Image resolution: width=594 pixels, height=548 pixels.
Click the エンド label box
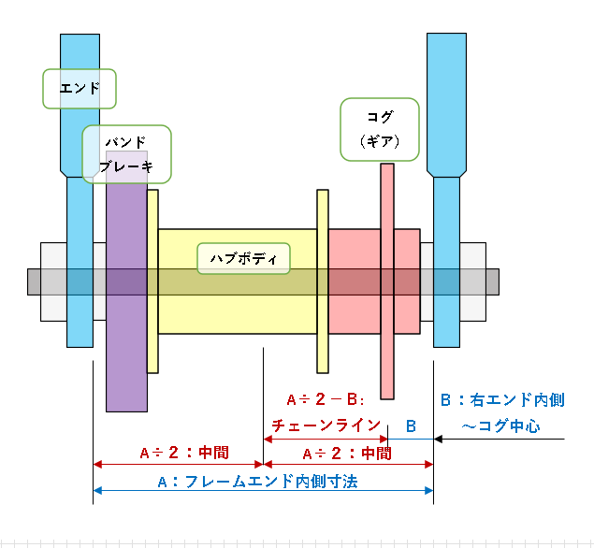[80, 89]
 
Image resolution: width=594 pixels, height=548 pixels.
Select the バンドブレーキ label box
[127, 154]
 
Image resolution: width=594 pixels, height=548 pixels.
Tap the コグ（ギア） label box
[380, 130]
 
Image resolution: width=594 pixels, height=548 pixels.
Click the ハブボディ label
[243, 259]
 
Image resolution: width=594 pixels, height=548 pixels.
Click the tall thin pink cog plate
[387, 281]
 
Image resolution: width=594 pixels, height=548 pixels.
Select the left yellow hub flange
[152, 281]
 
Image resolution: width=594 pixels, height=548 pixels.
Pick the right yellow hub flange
[323, 281]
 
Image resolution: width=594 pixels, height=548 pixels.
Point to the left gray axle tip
[34, 281]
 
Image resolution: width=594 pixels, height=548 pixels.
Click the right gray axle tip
[492, 281]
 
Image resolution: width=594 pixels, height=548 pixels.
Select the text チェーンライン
[326, 425]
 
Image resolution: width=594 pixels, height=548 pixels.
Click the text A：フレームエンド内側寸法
[257, 483]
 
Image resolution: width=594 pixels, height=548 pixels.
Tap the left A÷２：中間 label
[184, 453]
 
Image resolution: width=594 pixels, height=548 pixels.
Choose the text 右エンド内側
[517, 400]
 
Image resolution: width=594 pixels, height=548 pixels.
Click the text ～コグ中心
[500, 426]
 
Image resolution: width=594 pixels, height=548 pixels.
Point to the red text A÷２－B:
[326, 399]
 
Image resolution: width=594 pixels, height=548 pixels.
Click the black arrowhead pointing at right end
[438, 440]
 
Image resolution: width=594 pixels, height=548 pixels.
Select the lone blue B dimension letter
[411, 426]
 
